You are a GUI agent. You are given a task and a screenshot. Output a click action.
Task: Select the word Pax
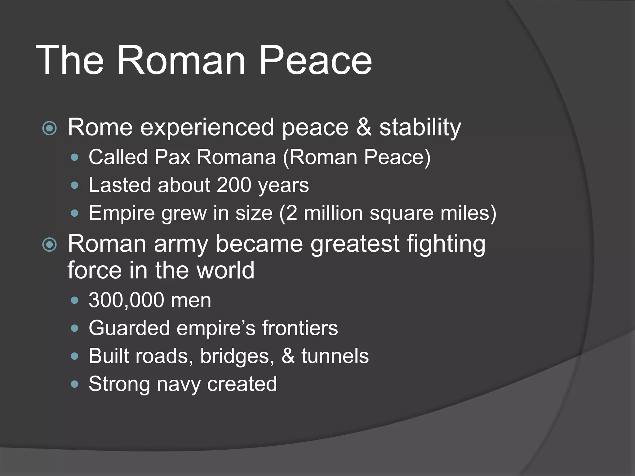point(172,157)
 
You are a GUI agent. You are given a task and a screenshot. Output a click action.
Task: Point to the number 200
point(234,185)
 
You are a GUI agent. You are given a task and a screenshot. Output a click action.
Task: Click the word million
point(333,213)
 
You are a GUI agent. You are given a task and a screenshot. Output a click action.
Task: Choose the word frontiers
point(300,328)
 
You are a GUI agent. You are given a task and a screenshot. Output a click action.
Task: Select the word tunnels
point(335,356)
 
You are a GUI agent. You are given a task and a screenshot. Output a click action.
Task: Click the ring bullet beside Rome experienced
point(50,128)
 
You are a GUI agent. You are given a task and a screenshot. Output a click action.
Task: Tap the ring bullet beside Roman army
point(50,245)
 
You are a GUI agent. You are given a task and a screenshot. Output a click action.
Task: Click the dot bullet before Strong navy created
point(74,385)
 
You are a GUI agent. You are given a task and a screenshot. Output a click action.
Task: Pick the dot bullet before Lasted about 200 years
point(74,186)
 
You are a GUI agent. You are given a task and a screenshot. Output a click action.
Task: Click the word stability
point(420,128)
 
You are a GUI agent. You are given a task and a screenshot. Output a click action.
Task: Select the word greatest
point(355,244)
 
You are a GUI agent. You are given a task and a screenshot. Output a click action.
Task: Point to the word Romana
point(236,157)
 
